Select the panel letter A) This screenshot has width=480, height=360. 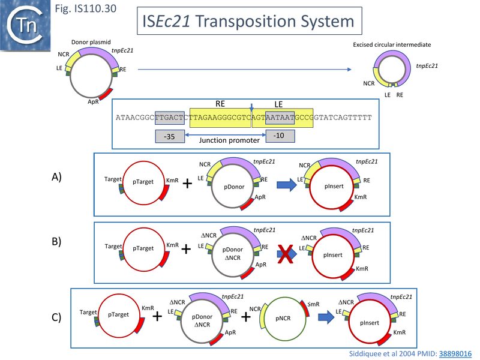point(57,178)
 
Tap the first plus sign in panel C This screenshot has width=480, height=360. point(158,316)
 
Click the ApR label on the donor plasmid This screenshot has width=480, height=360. point(93,103)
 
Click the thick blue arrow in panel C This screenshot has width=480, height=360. point(329,316)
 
